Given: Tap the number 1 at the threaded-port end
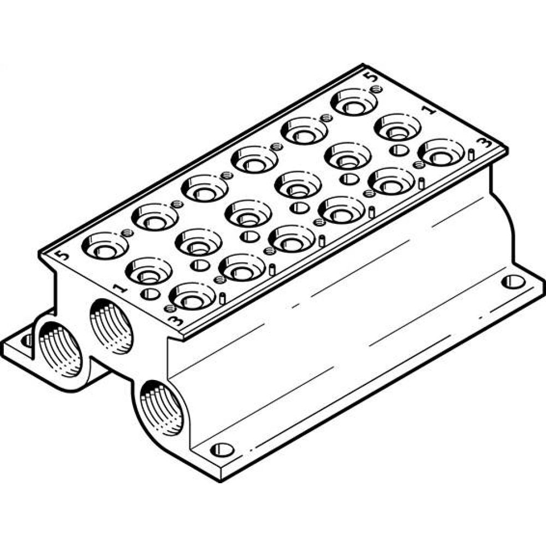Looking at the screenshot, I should coord(117,288).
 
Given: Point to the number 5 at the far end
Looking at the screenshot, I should coord(373,78).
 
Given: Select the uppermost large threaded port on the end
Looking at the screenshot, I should coord(111,326).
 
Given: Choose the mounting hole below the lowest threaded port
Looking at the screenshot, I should coord(222,450).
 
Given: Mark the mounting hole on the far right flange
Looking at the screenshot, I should coord(513,282).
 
